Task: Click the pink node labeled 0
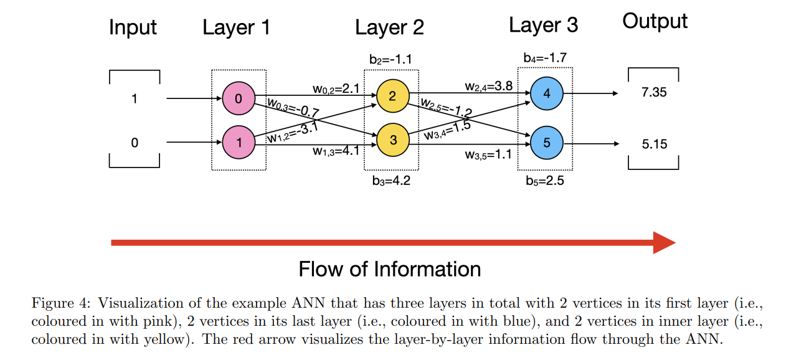coord(238,98)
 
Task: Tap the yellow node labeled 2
coord(392,96)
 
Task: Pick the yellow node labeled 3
coord(392,140)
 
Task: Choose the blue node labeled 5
coord(546,143)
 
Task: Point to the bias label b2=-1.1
coord(390,60)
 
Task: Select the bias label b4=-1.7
coord(545,58)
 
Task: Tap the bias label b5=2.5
coord(545,182)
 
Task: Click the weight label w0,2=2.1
coord(336,89)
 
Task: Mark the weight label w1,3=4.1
coord(336,150)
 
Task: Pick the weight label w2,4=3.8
coord(488,87)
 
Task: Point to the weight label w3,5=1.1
coord(488,154)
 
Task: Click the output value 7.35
coord(654,92)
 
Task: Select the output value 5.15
coord(654,144)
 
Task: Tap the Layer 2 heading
coord(389,27)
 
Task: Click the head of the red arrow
coord(664,242)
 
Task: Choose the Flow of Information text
coord(390,269)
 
